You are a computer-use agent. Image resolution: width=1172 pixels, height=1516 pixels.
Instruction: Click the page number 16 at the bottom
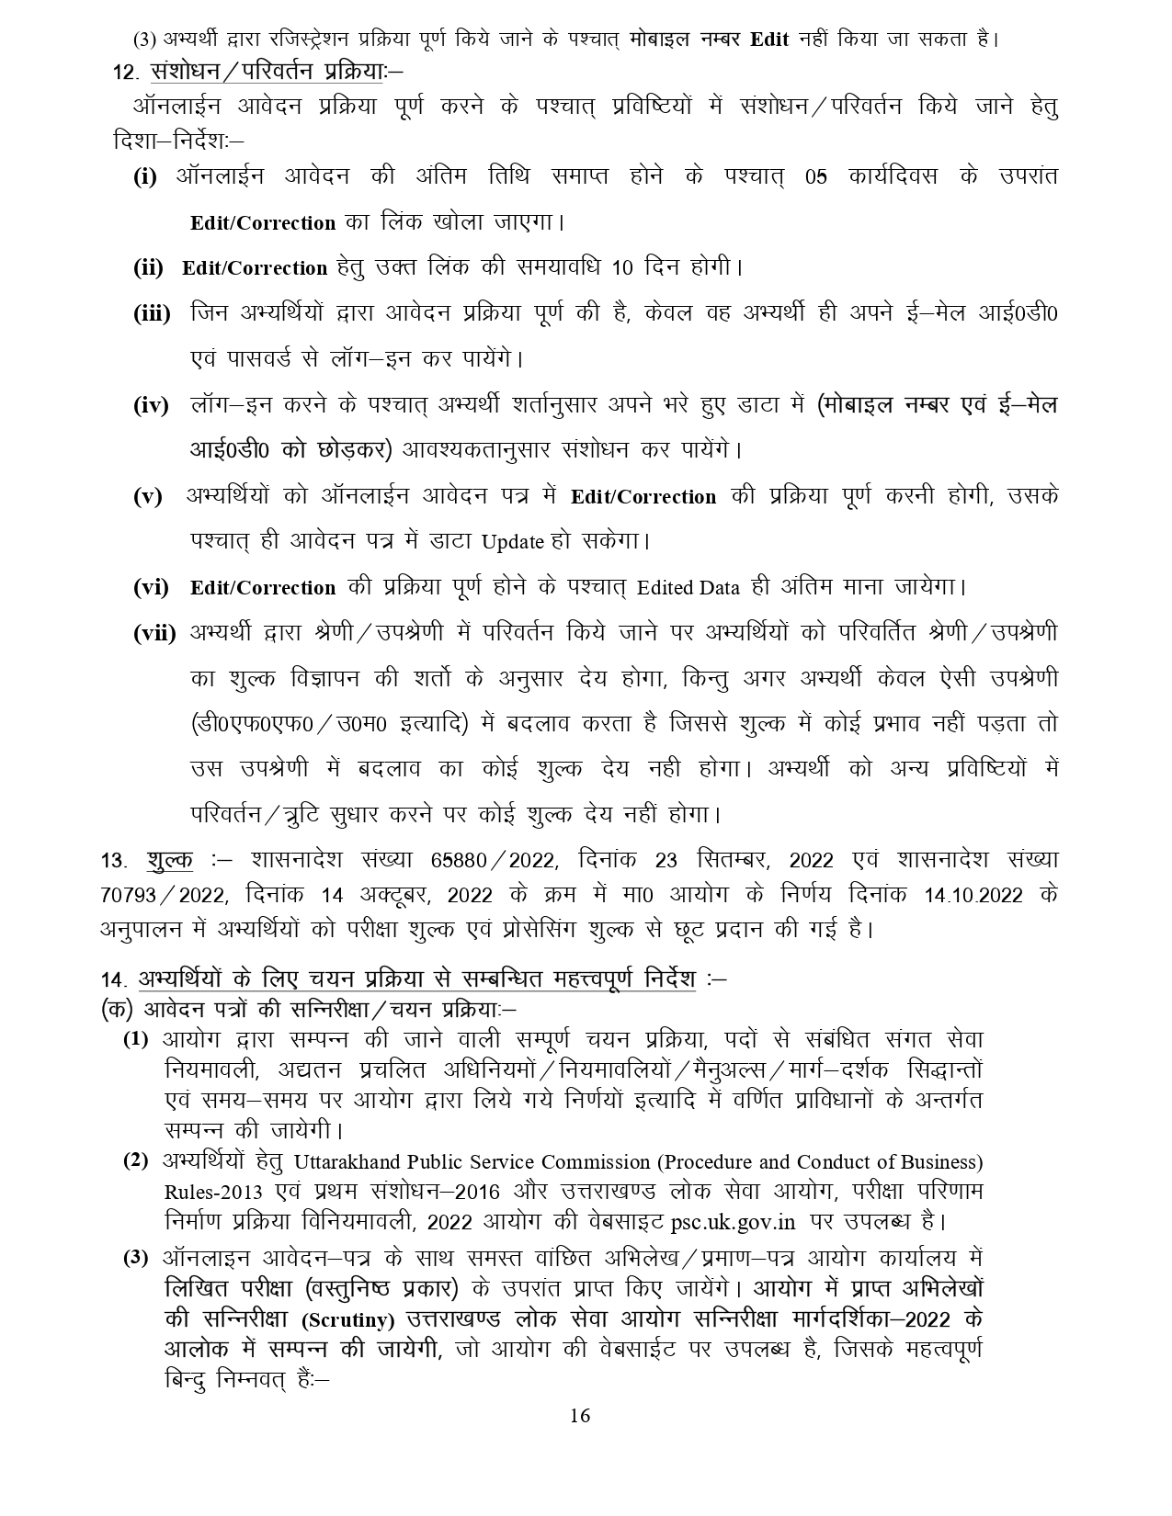(579, 1415)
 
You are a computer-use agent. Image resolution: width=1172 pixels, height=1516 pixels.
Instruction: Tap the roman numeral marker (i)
(145, 177)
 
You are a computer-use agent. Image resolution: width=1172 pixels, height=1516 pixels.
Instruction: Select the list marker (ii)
(148, 267)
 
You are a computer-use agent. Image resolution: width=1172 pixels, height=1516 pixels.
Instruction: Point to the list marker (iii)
(152, 313)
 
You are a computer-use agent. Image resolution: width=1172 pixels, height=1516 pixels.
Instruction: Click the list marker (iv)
(151, 405)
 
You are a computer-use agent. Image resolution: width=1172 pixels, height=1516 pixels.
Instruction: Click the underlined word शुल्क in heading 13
(169, 861)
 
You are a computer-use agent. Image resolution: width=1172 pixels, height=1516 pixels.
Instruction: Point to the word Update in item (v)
(513, 542)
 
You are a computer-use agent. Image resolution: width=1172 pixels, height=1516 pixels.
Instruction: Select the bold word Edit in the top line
(769, 40)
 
